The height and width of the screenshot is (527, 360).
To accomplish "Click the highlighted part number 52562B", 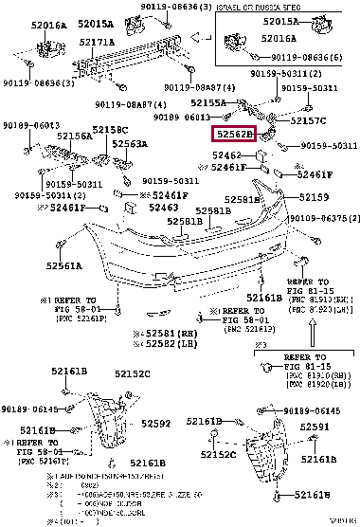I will pyautogui.click(x=233, y=136).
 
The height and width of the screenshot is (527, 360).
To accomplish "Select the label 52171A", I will pyautogui.click(x=98, y=43).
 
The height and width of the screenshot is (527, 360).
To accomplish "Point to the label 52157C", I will pyautogui.click(x=309, y=121).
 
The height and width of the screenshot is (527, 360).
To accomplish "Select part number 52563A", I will pyautogui.click(x=130, y=144).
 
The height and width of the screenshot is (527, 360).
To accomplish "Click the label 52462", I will pyautogui.click(x=228, y=154).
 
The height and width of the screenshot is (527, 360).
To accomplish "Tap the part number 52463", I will pyautogui.click(x=164, y=206).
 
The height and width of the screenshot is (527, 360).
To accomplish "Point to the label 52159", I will pyautogui.click(x=315, y=197).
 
